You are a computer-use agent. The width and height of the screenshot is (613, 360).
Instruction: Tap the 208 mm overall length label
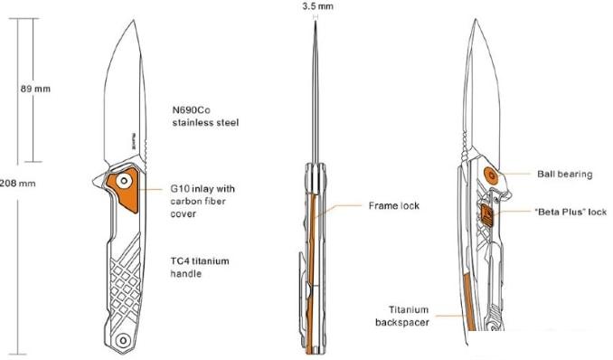[x=18, y=183]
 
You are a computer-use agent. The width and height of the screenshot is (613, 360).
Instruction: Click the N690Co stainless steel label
[x=205, y=115]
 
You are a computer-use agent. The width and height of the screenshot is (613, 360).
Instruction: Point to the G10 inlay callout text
[x=203, y=202]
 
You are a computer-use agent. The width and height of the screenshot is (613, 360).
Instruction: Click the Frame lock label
[x=394, y=206]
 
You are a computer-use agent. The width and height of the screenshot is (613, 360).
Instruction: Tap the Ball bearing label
[x=561, y=173]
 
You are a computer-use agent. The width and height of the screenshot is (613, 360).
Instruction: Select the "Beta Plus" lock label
[x=571, y=213]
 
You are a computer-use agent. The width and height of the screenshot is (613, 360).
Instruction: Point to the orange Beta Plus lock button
[x=486, y=213]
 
